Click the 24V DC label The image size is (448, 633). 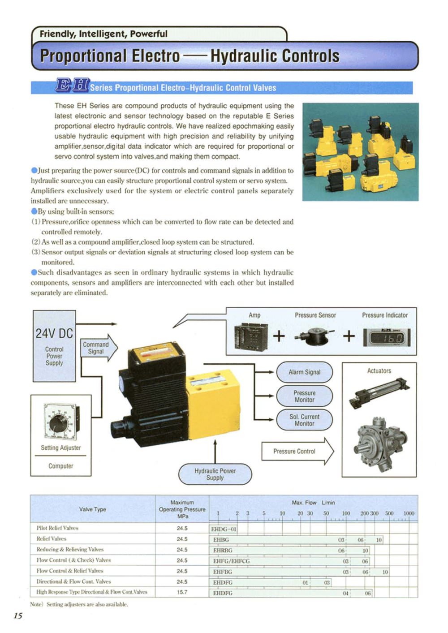54,334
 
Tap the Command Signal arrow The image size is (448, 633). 98,348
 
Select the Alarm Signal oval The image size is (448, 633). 304,372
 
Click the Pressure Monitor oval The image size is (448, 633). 304,396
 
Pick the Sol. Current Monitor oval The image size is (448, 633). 304,420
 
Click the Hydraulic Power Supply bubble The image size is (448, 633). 215,474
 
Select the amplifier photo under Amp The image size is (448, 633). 251,336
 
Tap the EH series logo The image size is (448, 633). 72,85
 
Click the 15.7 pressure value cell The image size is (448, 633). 182,592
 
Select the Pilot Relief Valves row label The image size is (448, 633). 57,528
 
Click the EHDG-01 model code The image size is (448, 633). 224,529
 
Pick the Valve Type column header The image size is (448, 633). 92,509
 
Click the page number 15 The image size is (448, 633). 18,616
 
